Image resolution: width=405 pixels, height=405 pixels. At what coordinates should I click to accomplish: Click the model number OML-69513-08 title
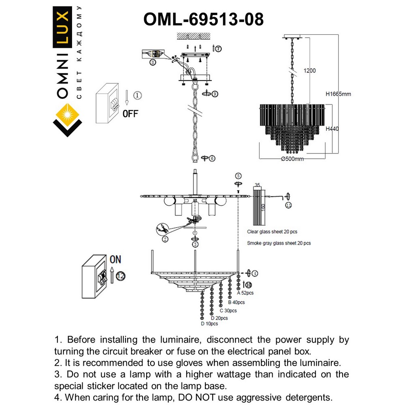tap(204, 19)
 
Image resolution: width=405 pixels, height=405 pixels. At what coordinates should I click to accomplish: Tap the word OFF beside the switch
tap(130, 113)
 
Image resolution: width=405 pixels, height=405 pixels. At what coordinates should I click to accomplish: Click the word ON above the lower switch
tap(115, 259)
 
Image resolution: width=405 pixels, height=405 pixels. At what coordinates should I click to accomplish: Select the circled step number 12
tap(120, 276)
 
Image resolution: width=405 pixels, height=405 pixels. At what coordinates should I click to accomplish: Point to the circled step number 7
tap(218, 49)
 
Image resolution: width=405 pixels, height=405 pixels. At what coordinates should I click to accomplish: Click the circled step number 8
tap(152, 62)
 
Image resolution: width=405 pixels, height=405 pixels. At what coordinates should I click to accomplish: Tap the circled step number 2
tap(165, 239)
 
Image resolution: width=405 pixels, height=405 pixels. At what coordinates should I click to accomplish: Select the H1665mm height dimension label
tap(338, 94)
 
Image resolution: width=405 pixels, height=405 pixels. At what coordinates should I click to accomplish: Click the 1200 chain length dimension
tap(309, 70)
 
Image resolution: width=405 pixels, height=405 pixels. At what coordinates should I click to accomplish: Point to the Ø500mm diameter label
tap(292, 159)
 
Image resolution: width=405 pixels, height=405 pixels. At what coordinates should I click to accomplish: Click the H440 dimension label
tap(332, 129)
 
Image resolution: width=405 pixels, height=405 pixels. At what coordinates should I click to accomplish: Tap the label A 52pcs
tap(245, 292)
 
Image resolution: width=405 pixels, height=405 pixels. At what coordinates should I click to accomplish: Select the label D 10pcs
tap(209, 324)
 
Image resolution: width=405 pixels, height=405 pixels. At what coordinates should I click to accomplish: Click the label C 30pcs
tap(228, 311)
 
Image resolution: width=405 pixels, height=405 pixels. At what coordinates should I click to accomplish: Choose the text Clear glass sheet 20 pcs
tap(272, 232)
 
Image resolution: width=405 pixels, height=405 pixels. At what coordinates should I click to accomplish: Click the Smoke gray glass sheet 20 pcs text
tap(279, 243)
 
